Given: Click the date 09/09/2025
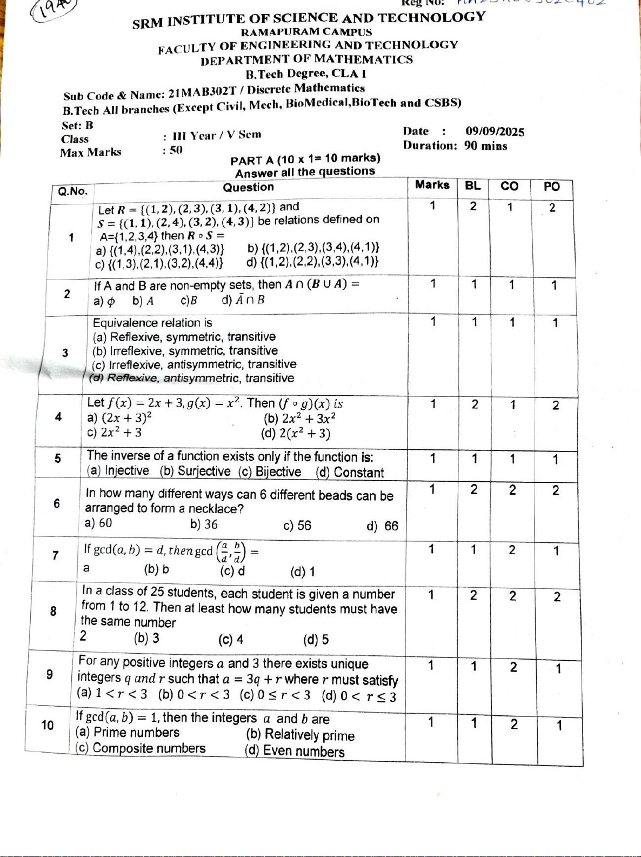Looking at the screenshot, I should (495, 131).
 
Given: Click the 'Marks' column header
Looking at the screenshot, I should (432, 185).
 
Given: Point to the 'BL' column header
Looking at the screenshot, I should (472, 185).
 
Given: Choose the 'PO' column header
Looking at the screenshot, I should (551, 187).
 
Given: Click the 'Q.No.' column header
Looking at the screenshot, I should (72, 191).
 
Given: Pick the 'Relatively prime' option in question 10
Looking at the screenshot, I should (301, 735).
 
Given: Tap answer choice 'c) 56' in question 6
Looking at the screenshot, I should (297, 525).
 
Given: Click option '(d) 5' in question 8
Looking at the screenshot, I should (316, 640).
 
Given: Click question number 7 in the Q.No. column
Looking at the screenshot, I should (55, 555).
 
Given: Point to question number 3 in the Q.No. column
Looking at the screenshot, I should (65, 353).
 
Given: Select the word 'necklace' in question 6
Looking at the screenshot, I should (214, 509).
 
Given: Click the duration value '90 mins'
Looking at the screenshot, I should (485, 145).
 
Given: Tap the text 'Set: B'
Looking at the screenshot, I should (77, 125).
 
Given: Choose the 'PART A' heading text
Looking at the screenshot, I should (253, 161).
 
